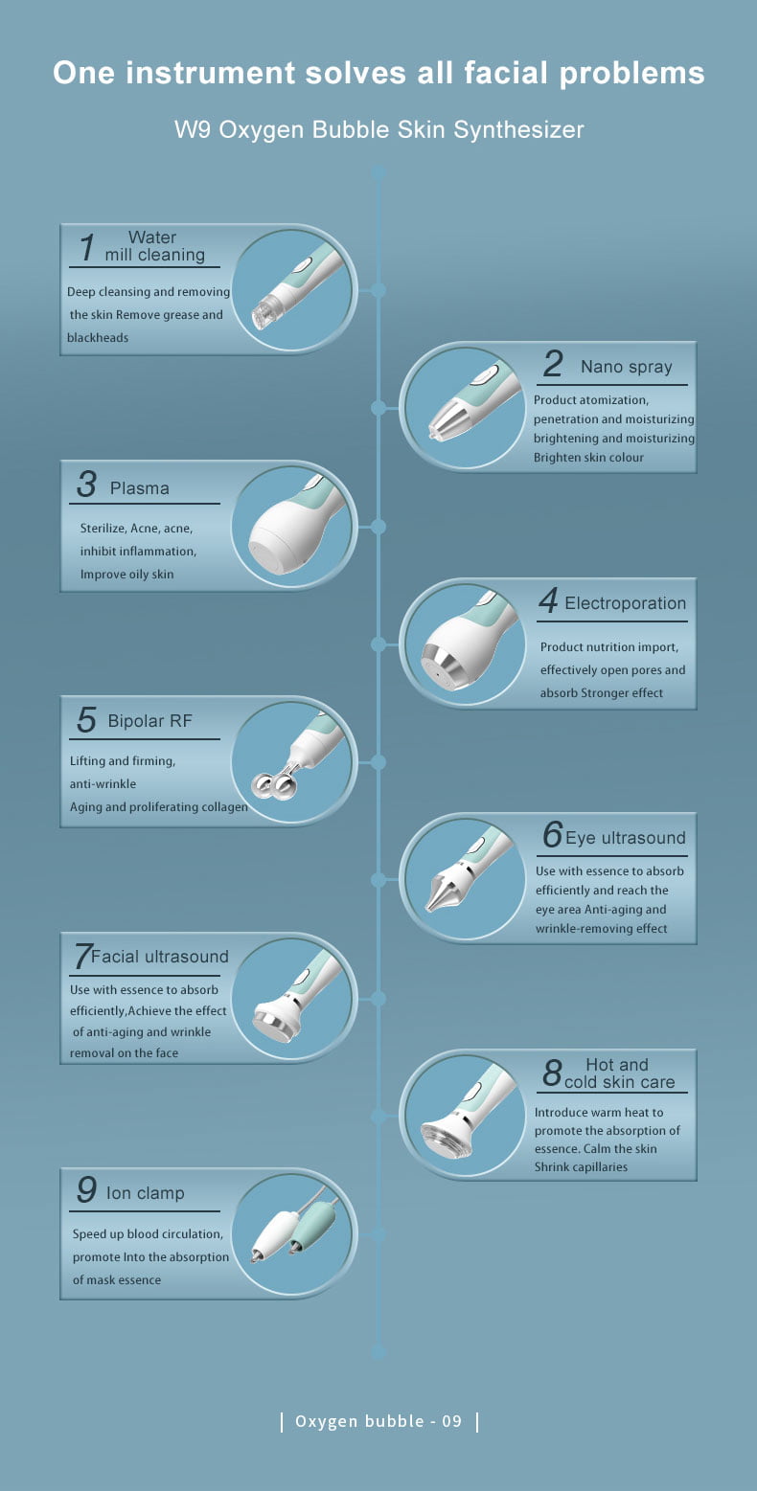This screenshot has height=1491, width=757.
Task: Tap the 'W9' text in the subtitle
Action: pos(194,130)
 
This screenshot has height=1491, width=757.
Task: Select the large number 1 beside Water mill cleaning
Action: pos(87,247)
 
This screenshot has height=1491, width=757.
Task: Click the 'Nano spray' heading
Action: pos(626,367)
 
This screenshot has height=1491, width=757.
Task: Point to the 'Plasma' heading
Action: pos(139,488)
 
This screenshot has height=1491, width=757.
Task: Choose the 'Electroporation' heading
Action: pos(625,603)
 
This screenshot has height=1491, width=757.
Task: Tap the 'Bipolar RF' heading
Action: pos(149,721)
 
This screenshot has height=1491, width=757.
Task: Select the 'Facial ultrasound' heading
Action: pos(160,957)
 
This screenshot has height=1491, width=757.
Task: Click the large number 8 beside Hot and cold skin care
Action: pos(553,1073)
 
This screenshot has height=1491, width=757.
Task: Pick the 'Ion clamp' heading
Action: pos(145,1193)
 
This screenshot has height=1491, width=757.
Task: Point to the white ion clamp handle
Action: pos(274,1234)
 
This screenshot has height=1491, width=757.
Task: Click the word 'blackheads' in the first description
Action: pos(97,337)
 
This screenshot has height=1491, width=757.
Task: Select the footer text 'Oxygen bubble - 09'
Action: pos(378,1421)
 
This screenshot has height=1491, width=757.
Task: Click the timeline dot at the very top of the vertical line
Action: pos(378,172)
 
